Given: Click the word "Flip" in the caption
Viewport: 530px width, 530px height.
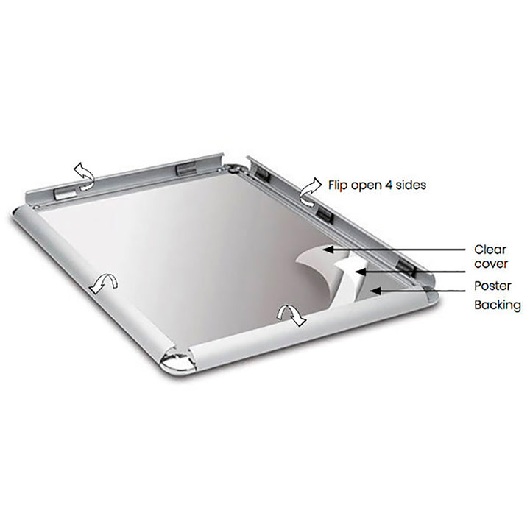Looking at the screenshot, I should (x=339, y=185).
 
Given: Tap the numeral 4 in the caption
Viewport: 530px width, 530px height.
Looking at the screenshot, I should (x=390, y=185).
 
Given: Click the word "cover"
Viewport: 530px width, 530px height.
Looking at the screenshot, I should (x=490, y=264).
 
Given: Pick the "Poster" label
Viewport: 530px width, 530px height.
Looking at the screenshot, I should (x=492, y=286).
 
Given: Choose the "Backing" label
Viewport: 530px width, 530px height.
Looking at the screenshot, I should (x=497, y=305).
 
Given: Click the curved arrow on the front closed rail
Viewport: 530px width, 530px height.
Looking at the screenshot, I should (x=291, y=314).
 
